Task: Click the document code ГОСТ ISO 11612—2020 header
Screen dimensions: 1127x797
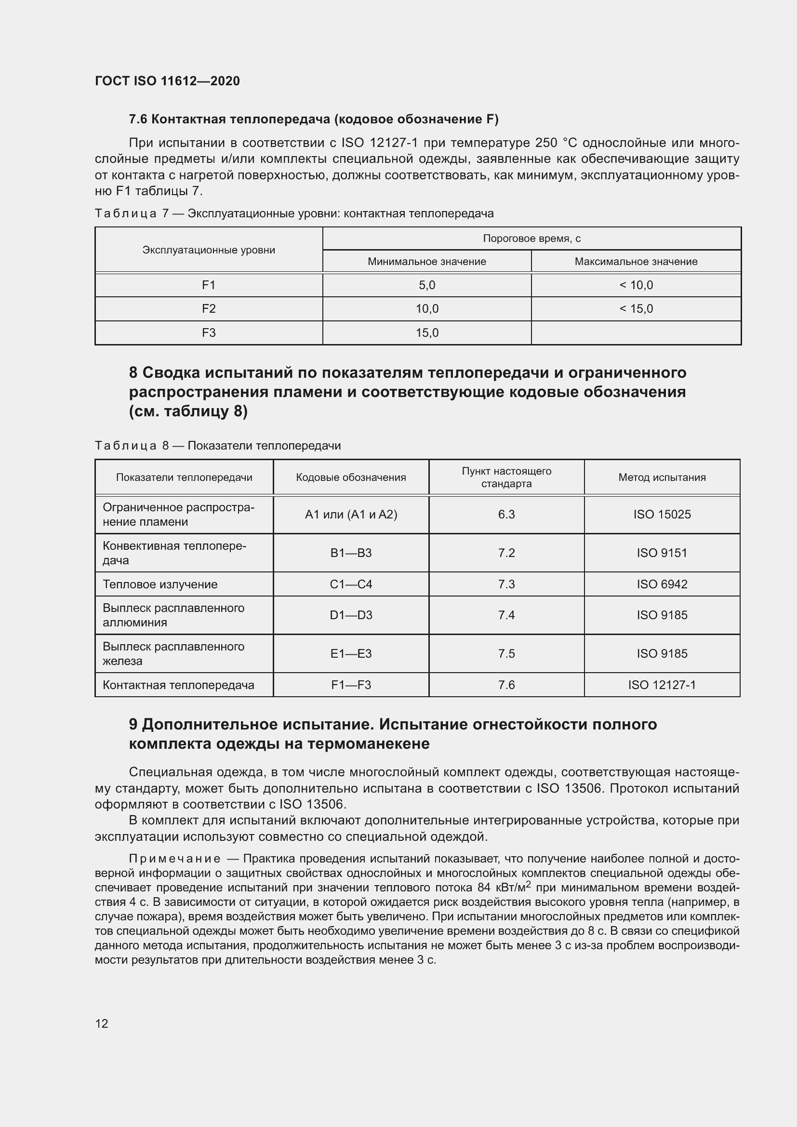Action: coord(167,81)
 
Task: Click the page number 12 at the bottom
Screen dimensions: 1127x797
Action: coord(102,1023)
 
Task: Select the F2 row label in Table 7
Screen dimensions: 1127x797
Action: coord(209,309)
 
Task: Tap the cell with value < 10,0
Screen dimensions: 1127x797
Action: coord(636,285)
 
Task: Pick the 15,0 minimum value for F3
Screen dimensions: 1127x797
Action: coord(427,333)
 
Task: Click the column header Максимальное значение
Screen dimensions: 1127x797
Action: coord(636,262)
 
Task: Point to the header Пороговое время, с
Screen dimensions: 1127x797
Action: coord(531,239)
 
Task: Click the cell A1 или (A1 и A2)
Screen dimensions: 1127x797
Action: coord(351,515)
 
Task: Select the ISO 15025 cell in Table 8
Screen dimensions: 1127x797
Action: coord(662,515)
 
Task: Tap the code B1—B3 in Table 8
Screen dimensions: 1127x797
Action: coord(351,553)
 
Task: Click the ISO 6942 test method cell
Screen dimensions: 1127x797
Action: coord(662,584)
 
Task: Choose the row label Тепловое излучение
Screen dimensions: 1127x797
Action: coord(160,584)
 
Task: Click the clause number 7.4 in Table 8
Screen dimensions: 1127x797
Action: coord(506,615)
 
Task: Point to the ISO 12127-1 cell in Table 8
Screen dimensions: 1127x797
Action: coord(662,685)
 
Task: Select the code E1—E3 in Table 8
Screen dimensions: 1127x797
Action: coord(351,653)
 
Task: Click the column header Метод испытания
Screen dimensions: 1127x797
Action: coord(662,477)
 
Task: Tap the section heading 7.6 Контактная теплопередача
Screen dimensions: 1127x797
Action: coord(313,119)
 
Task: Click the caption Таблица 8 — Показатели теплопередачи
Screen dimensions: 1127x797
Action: coord(217,446)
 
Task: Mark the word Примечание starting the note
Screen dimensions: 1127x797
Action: coord(174,859)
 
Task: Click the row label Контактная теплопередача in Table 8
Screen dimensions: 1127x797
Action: coord(178,685)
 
